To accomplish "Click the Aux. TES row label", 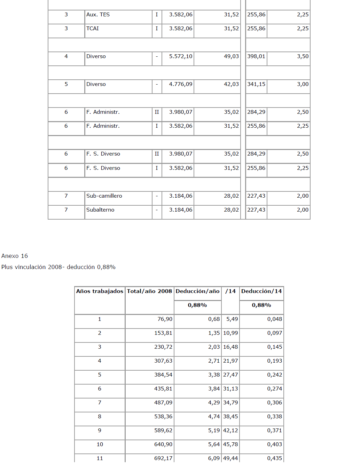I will tap(98, 15).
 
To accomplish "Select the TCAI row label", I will tap(93, 29).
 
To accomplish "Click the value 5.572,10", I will tap(180, 56).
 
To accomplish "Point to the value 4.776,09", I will tap(180, 84).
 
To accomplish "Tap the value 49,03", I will tap(231, 56).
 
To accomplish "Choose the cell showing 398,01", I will tap(256, 56).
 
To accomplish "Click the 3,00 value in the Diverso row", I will tap(303, 84).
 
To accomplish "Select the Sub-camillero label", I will tap(104, 196).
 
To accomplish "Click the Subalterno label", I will tap(100, 210).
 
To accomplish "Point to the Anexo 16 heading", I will tap(15, 256).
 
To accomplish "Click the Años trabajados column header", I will tap(100, 291).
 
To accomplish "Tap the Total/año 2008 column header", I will tap(149, 291).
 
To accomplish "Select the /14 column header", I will tap(230, 291).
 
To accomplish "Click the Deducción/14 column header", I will tap(261, 291).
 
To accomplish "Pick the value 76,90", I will tap(165, 319).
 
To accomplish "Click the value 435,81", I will tap(163, 389).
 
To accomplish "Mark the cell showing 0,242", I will tap(274, 375).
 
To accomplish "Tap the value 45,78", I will tap(230, 444).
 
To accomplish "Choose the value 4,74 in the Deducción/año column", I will tap(214, 417).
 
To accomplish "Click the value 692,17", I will tap(163, 458).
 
